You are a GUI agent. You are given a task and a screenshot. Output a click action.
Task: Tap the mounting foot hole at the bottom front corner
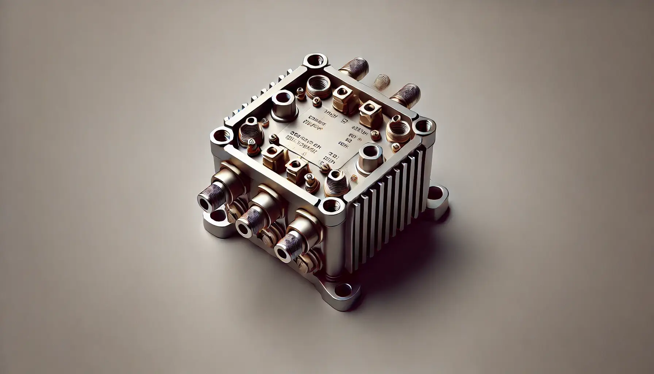tap(342, 291)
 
